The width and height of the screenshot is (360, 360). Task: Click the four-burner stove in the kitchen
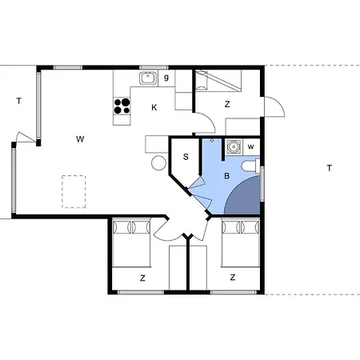tap(122, 106)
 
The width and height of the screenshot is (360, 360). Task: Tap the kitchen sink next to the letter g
tap(147, 78)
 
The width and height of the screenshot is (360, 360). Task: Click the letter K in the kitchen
tap(154, 106)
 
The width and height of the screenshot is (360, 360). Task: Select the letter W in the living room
tap(80, 139)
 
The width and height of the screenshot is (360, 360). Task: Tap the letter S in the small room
tap(186, 157)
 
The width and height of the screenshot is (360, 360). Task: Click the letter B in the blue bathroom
tap(227, 175)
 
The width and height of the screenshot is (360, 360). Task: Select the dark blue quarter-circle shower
tap(244, 196)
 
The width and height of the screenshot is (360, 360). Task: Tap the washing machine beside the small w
tap(234, 146)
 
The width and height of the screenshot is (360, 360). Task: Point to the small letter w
tap(250, 146)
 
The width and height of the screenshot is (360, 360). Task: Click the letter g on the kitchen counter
tap(166, 78)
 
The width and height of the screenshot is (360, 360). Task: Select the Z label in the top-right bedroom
tap(227, 103)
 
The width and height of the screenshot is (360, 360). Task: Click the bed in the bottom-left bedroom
tap(131, 244)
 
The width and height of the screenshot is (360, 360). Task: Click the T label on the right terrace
tap(328, 167)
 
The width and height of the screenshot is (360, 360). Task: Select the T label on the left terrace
tap(18, 101)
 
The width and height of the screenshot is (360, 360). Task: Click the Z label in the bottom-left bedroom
tap(142, 278)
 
